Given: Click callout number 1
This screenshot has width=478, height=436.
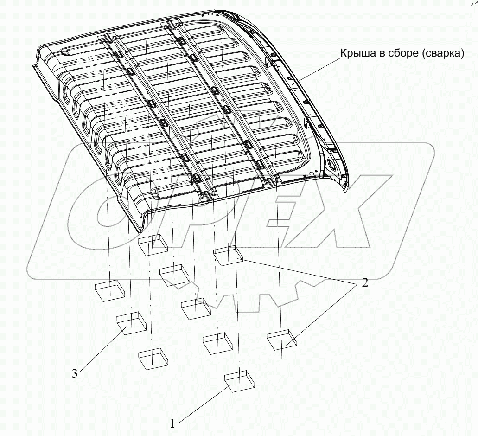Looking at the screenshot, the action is coord(172,423).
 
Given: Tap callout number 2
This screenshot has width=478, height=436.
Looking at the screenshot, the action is coord(364,283).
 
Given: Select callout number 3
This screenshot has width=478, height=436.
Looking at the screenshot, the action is coord(75,373).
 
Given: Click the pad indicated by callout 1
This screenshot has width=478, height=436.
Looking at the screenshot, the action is coord(239,381).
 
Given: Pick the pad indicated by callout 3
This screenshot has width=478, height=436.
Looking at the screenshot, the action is coord(132,323).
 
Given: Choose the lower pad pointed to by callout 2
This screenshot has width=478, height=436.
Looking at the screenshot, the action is coord(282,340).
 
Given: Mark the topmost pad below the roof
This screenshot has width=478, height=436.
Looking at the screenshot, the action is coord(153,244).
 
